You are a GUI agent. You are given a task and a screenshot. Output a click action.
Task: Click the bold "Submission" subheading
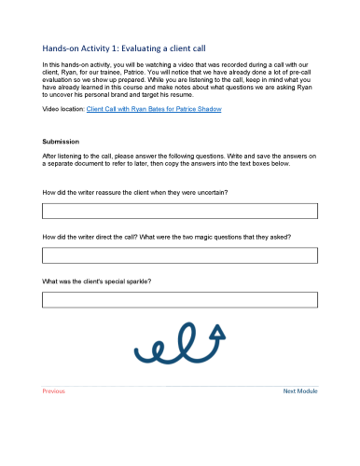coord(62,142)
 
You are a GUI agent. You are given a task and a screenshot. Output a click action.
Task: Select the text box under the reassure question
coord(180,211)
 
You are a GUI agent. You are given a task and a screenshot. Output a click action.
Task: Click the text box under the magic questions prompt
coord(180,255)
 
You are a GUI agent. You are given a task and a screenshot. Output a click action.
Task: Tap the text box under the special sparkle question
coord(180,299)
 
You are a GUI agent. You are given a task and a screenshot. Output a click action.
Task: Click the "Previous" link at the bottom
coord(54,391)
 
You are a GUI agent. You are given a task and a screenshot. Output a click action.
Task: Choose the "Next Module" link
coord(300,391)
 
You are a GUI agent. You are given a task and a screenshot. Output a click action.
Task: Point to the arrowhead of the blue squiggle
coord(218,329)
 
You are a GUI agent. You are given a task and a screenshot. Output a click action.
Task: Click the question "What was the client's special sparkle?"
coord(98,281)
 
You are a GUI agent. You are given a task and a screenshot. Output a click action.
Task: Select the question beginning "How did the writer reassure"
coord(136,191)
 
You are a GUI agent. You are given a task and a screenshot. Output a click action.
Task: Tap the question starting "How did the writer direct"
coord(167,237)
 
